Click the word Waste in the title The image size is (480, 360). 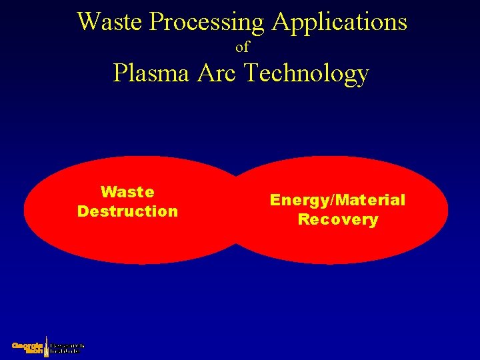111,22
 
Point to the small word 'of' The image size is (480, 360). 242,47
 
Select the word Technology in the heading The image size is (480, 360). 307,74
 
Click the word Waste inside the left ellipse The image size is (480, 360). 127,192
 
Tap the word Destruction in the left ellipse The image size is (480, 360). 127,211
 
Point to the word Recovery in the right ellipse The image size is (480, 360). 337,220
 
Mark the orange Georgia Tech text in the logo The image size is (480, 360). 28,347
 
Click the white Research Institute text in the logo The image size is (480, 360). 67,347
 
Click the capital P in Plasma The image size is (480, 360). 120,73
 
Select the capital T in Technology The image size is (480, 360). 252,73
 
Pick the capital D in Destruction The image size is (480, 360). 83,211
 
